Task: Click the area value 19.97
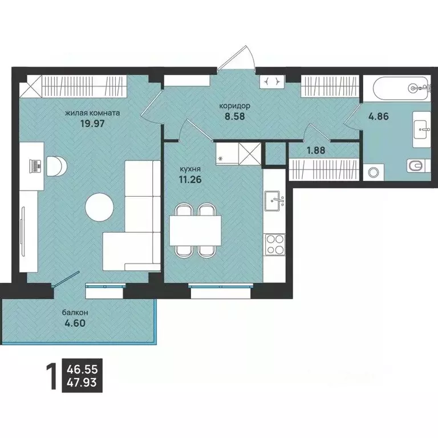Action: pos(92,123)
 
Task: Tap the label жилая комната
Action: pos(92,113)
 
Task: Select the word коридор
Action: pos(234,106)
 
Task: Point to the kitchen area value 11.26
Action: pos(190,179)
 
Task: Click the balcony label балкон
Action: pos(75,313)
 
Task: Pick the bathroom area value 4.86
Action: pos(379,116)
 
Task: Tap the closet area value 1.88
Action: pos(316,151)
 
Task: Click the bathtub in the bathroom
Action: pos(400,88)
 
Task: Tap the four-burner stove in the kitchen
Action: pos(275,245)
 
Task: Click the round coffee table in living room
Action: pos(99,208)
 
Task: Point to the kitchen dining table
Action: pos(195,230)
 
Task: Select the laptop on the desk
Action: pos(35,166)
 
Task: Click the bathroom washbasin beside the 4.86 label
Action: pos(421,129)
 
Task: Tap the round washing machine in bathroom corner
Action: pos(372,172)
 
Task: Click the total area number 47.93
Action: pos(82,382)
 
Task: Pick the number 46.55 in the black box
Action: pos(82,370)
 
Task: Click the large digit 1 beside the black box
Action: pos(51,376)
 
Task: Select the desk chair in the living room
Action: pos(56,166)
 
